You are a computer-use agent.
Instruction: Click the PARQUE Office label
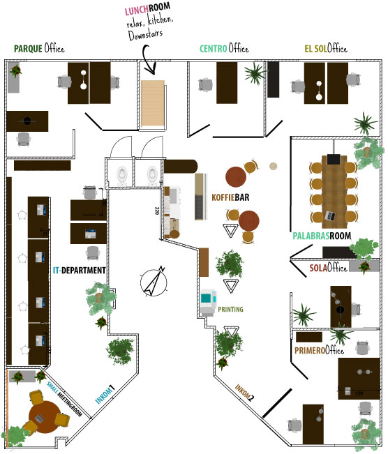coord(39,48)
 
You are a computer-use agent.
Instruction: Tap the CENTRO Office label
coord(224,48)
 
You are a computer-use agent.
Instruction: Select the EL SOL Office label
coord(326,48)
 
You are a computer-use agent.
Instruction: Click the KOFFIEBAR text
coord(230,197)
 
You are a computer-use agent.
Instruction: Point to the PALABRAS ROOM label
coord(322,236)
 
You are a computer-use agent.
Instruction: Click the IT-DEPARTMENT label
coord(80,271)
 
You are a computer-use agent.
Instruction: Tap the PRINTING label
coord(230,310)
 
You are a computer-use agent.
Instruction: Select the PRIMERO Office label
coord(319,350)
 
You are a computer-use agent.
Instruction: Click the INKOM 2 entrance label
coord(244,393)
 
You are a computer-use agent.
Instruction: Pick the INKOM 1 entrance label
coord(105,394)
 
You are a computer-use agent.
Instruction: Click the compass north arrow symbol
coord(154,282)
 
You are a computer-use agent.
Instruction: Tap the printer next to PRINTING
coord(208,302)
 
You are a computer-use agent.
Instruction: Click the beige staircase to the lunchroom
coord(153,103)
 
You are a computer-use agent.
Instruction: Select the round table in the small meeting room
coord(45,417)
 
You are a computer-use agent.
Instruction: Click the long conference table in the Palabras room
coord(334,192)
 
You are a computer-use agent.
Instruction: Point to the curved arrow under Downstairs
coord(149,59)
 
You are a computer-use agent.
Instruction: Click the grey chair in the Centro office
coord(205,84)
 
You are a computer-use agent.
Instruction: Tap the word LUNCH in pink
coord(137,10)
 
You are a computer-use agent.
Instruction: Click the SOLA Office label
coord(328,268)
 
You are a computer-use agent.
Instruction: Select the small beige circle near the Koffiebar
coord(273,166)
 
